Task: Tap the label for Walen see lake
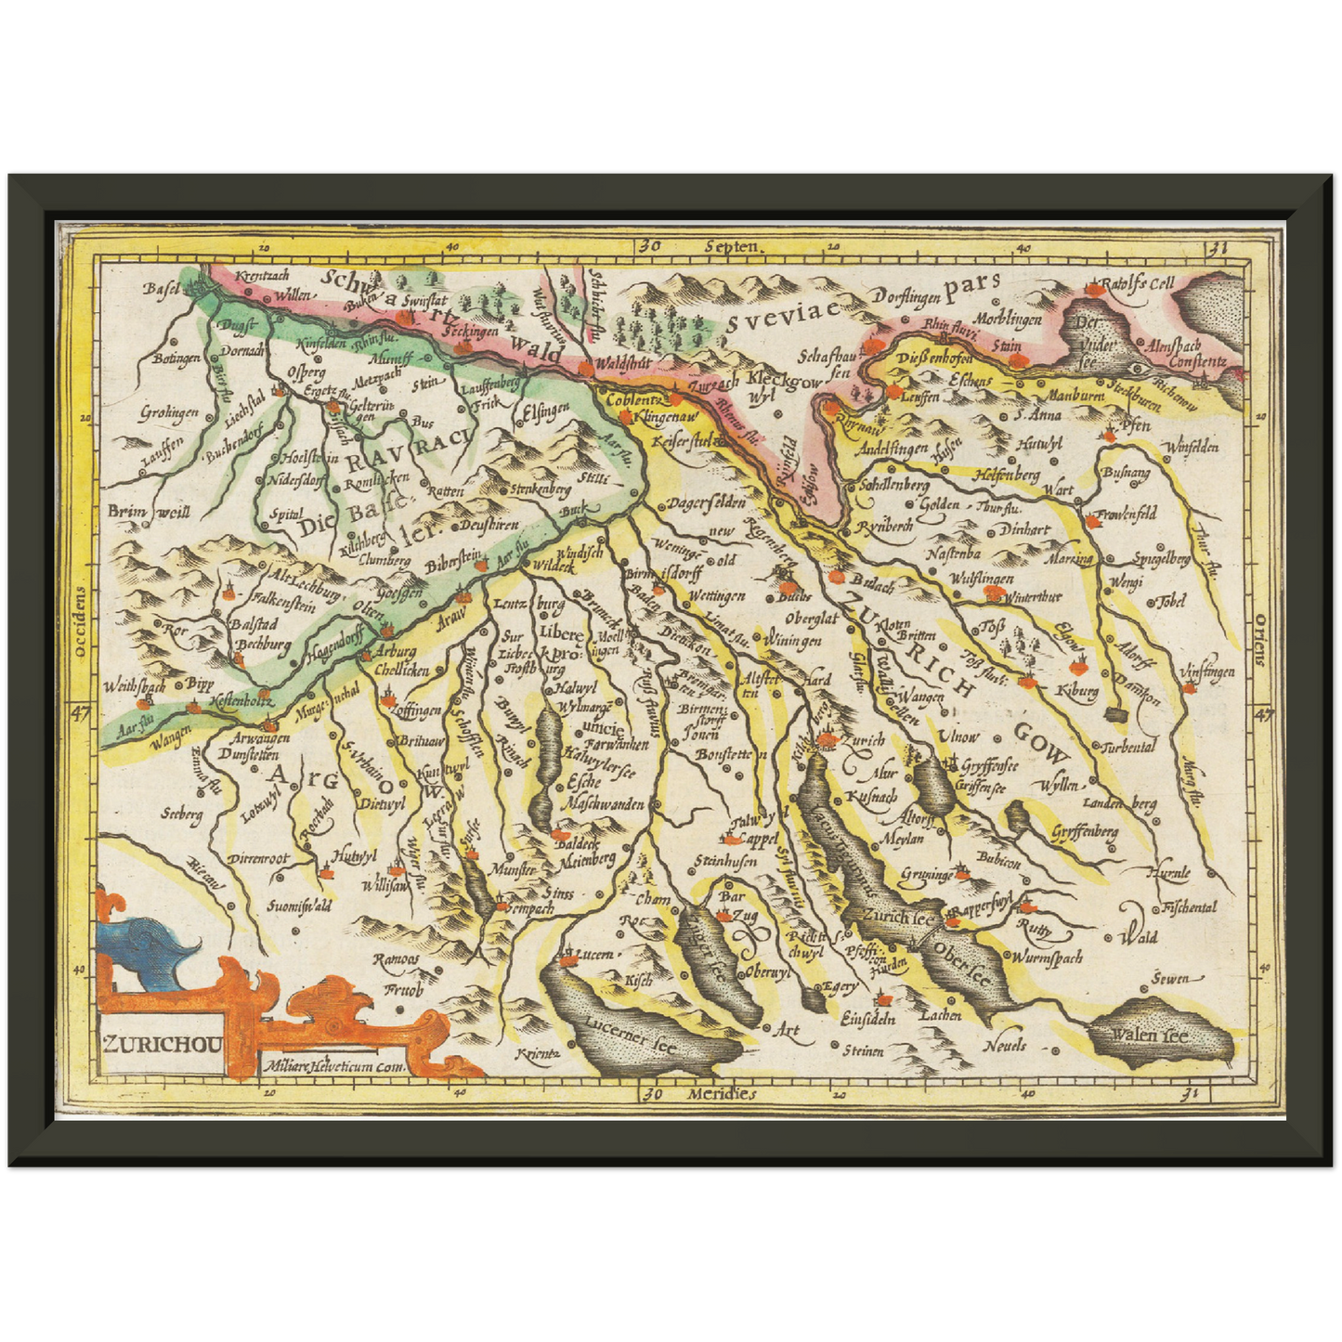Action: [x=1151, y=1035]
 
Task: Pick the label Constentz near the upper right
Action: [x=1198, y=361]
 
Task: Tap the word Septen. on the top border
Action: [x=733, y=247]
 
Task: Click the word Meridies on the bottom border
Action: [x=722, y=1093]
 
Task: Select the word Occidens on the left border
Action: [x=81, y=621]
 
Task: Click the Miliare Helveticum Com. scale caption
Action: [x=335, y=1067]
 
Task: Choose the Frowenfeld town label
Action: [x=1126, y=513]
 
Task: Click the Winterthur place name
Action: [x=1032, y=596]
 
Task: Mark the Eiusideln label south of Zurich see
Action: [x=867, y=1019]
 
